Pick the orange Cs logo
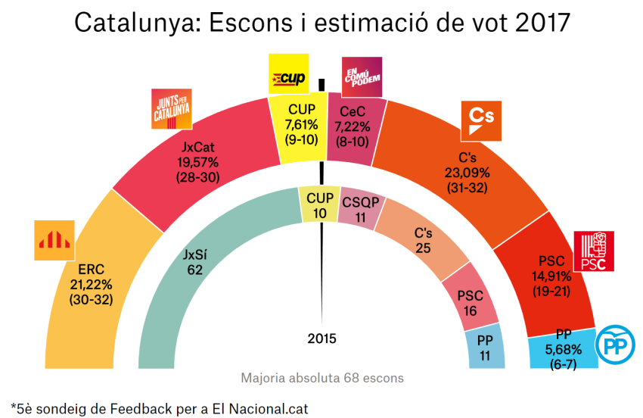(481, 121)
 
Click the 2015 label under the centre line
(321, 338)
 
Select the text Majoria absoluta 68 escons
(322, 377)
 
